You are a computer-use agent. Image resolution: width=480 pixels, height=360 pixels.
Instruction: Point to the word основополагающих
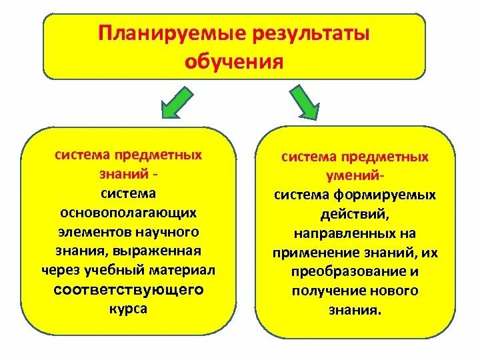(129, 213)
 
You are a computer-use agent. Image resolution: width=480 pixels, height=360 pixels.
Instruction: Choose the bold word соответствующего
(129, 291)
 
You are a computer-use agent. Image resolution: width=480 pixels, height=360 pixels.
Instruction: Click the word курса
(129, 309)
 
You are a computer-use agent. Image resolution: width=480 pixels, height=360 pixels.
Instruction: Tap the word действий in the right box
(355, 215)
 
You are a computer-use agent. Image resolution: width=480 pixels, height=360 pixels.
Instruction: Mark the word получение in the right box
(325, 291)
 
